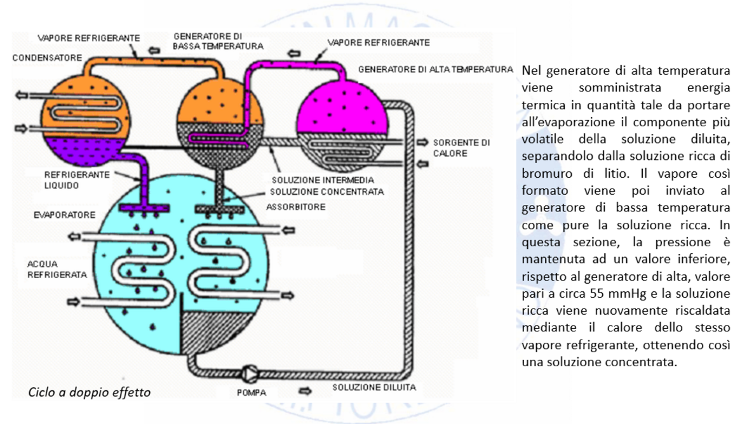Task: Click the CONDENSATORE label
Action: pos(47,58)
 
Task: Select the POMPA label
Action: pos(251,393)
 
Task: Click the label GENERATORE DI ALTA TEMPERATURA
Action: pos(435,69)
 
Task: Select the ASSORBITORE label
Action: pos(295,207)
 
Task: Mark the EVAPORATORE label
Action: pos(64,215)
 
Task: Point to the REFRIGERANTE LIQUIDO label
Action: pos(76,180)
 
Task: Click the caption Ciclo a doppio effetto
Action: pos(90,392)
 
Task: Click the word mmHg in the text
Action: pos(619,295)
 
